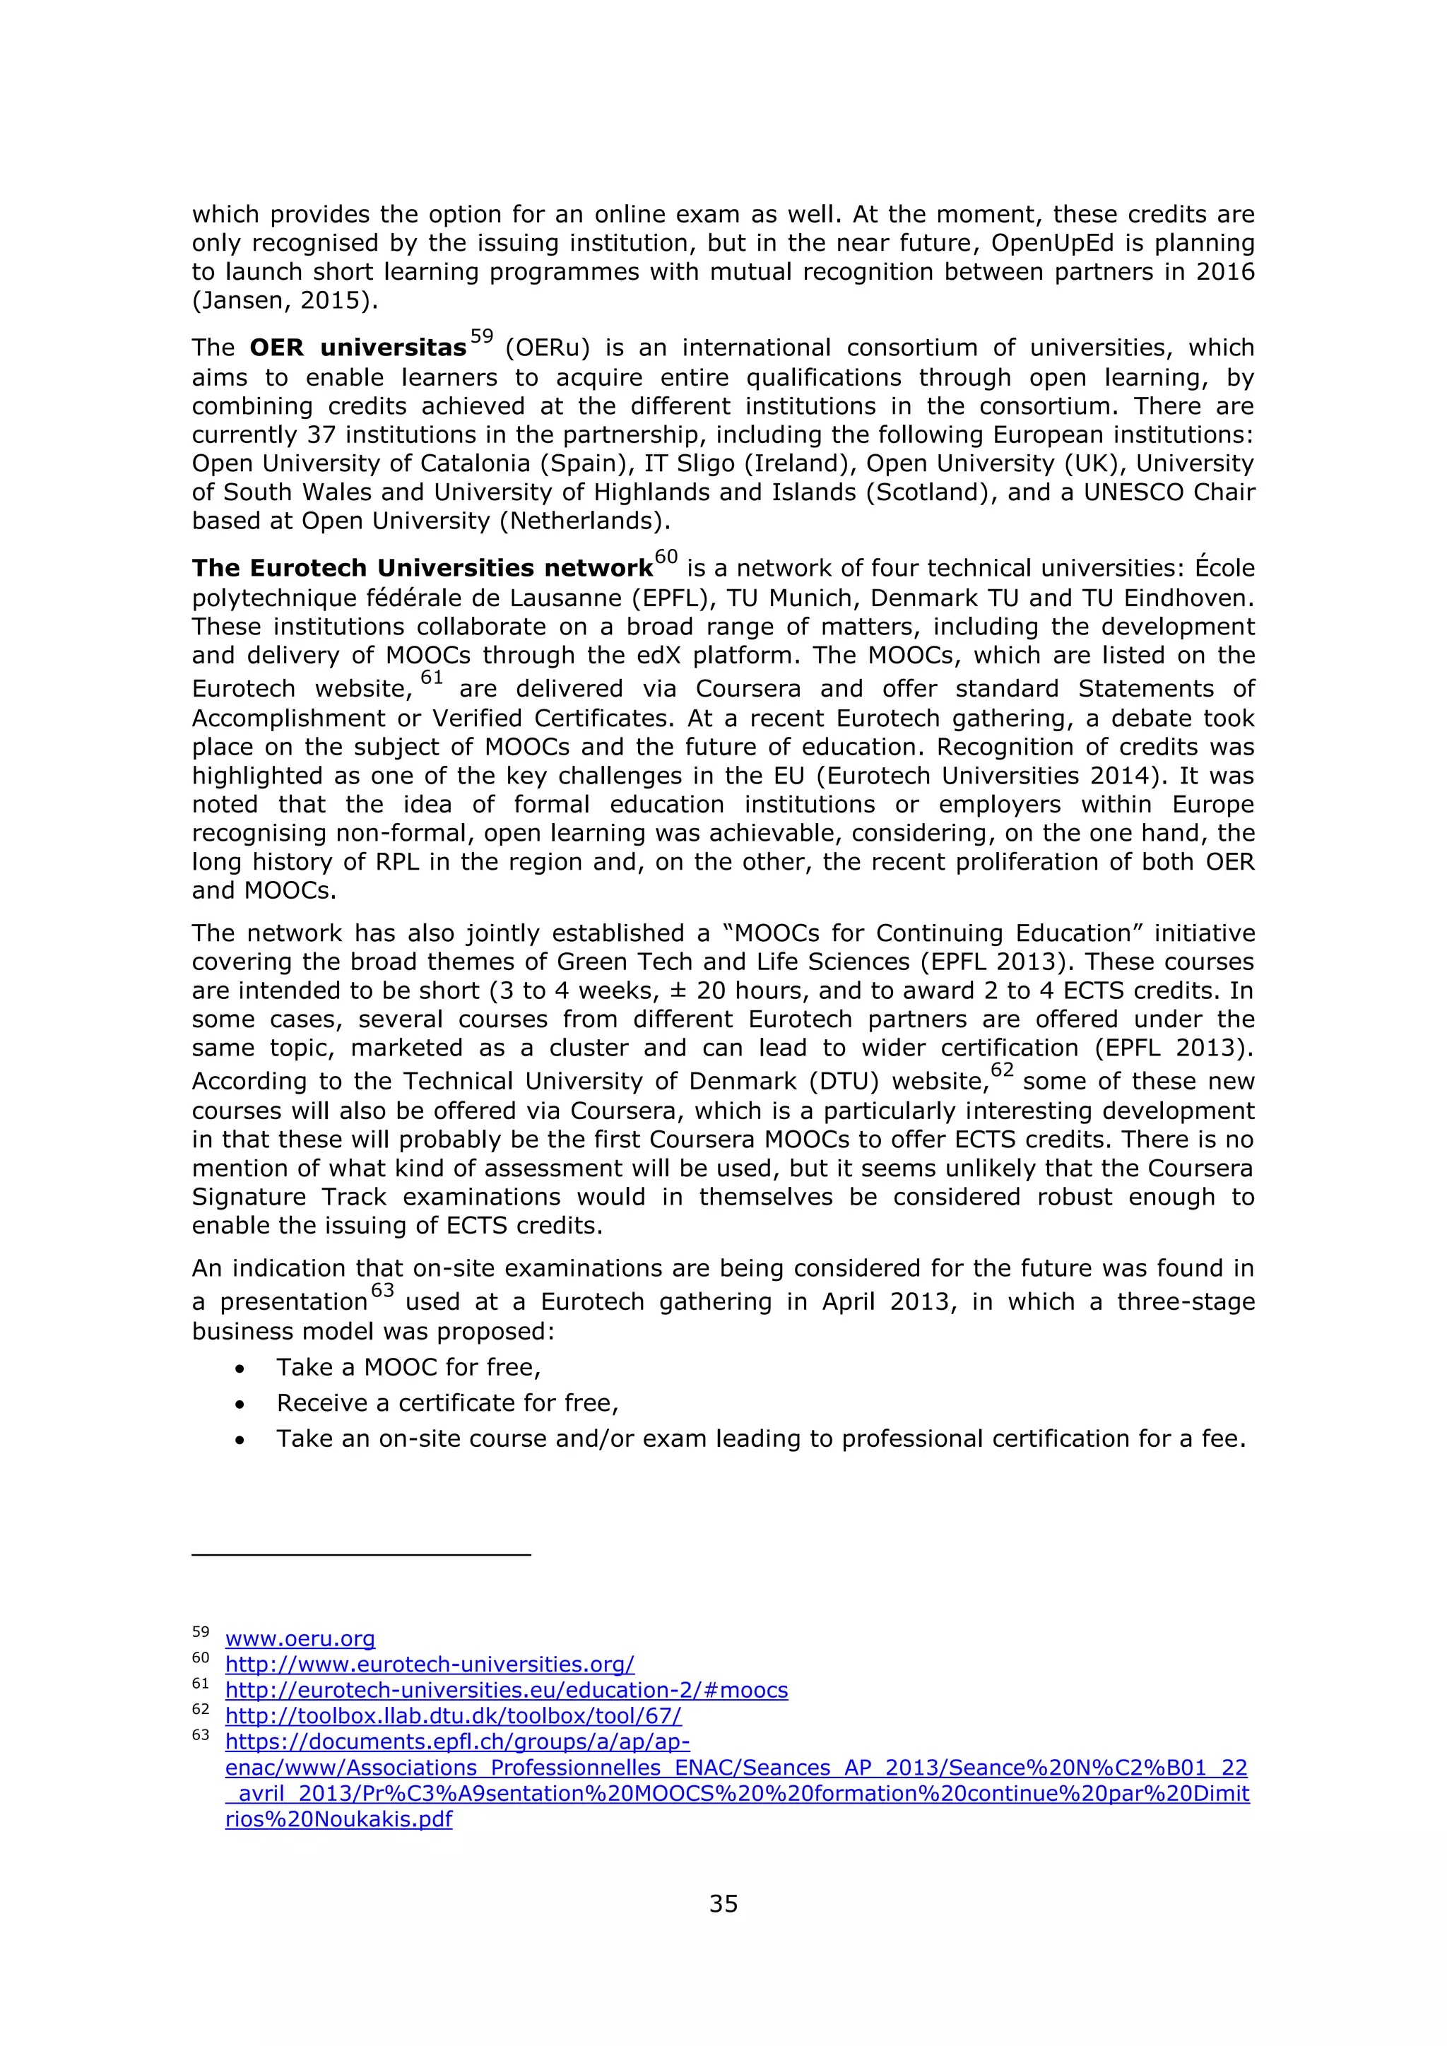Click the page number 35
click(723, 1904)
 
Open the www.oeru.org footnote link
click(300, 1639)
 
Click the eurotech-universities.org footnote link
click(430, 1664)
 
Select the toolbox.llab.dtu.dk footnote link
click(453, 1716)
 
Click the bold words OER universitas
click(358, 348)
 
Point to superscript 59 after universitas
click(481, 337)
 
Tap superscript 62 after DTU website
click(1003, 1070)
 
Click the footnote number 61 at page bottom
click(201, 1684)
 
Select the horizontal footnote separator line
click(361, 1555)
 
